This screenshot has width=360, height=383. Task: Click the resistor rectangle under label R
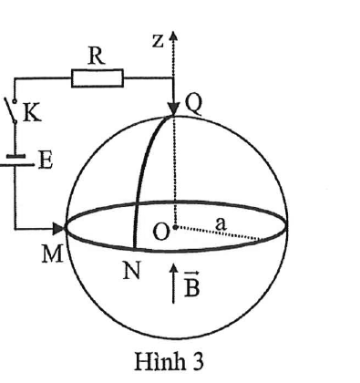tap(98, 78)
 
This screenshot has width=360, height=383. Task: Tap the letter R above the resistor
tap(97, 57)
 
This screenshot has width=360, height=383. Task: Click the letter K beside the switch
tap(32, 113)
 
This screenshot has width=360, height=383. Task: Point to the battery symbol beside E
tap(15, 160)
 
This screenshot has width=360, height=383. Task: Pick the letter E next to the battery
tap(46, 160)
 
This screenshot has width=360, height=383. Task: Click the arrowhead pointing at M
tap(59, 229)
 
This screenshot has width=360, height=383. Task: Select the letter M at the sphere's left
tap(52, 254)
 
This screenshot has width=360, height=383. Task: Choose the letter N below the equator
tap(131, 271)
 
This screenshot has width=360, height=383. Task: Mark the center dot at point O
tap(175, 227)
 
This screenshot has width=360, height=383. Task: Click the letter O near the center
tap(160, 233)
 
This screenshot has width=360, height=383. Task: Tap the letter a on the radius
tap(221, 224)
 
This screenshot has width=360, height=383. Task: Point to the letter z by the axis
tap(158, 41)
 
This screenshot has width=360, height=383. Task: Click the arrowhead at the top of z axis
tap(173, 36)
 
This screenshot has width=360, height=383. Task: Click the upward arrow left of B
tap(173, 284)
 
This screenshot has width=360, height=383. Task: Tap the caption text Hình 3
tap(169, 361)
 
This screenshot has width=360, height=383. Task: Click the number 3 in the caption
tap(198, 362)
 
